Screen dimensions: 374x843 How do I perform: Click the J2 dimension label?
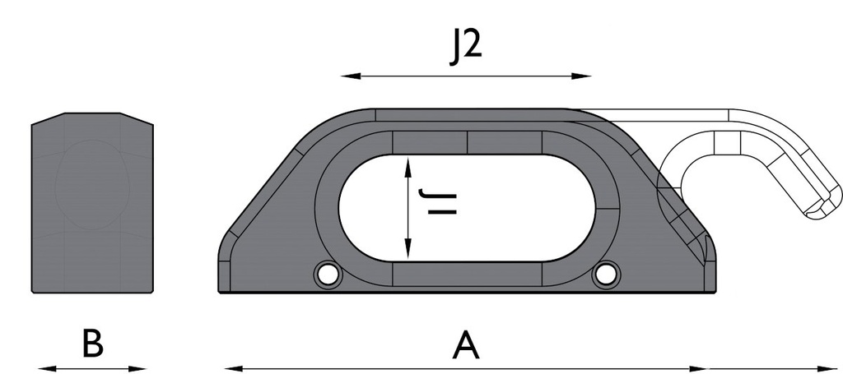pyautogui.click(x=466, y=47)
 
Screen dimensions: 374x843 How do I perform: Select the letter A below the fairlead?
pyautogui.click(x=466, y=345)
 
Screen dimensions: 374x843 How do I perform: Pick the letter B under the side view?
pyautogui.click(x=91, y=344)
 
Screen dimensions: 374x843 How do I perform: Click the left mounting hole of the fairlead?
pyautogui.click(x=328, y=275)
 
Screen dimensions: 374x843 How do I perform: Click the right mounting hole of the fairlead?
pyautogui.click(x=605, y=275)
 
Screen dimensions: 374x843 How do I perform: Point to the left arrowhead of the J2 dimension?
pyautogui.click(x=347, y=76)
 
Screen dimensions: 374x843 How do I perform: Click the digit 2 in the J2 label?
pyautogui.click(x=474, y=47)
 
